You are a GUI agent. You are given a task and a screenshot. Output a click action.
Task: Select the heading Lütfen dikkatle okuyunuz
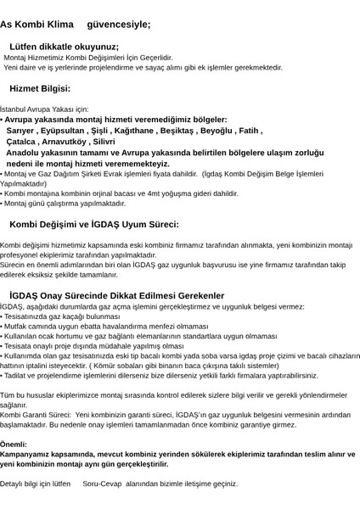point(64,47)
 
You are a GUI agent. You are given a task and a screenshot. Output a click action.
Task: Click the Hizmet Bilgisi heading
point(40,87)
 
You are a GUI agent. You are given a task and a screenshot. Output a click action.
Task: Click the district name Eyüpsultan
point(66,131)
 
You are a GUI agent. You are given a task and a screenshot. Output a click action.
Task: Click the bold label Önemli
point(14,444)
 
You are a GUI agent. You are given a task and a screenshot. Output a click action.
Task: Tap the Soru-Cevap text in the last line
point(102,483)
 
